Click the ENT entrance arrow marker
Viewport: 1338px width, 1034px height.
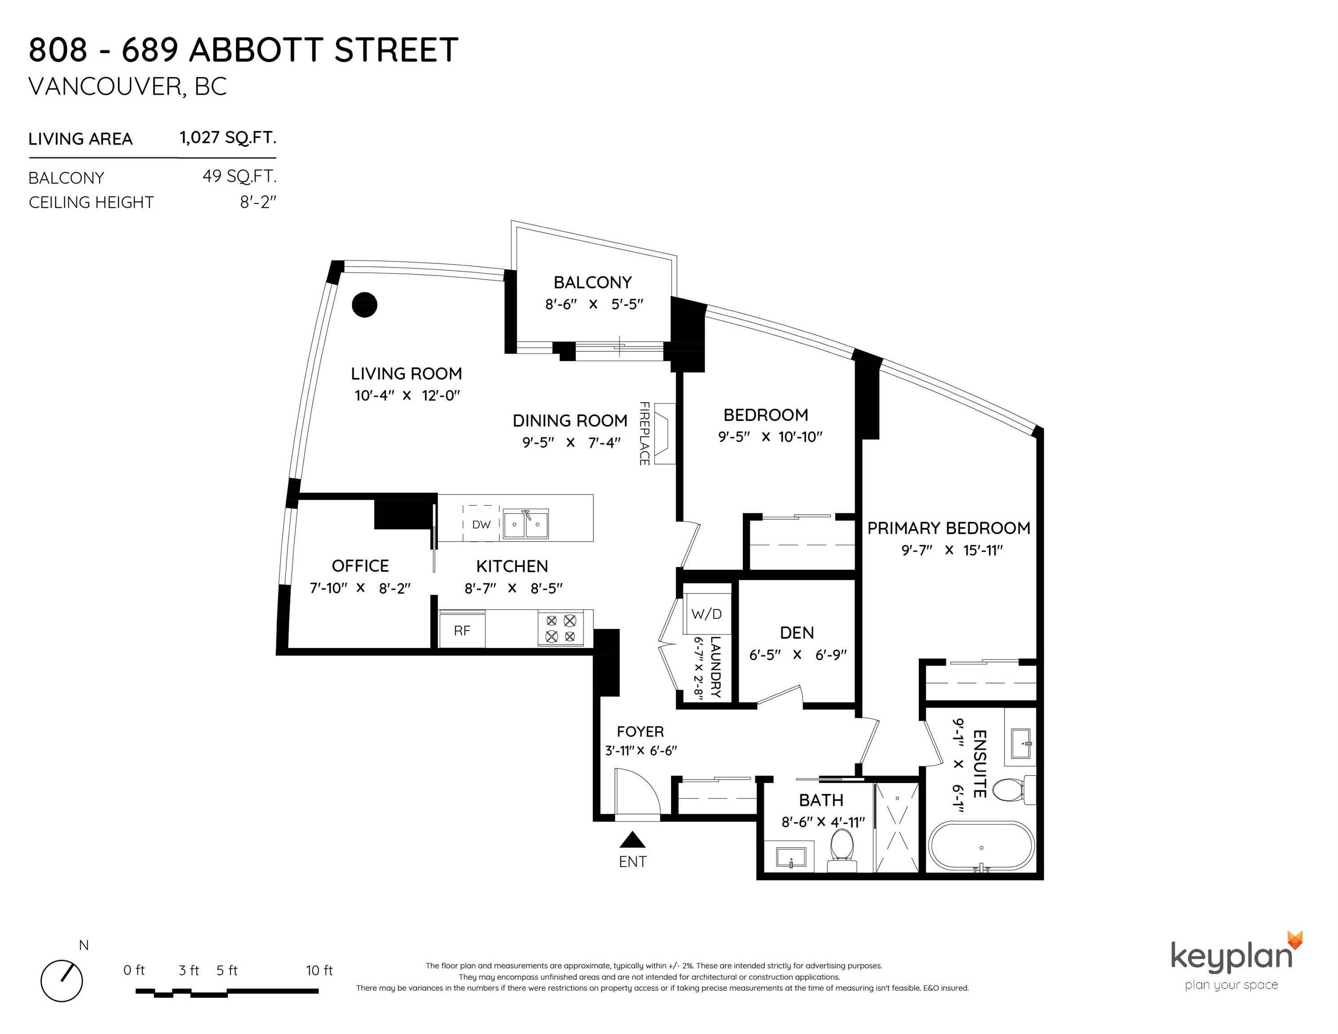(633, 839)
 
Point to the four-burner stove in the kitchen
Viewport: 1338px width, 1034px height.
(561, 628)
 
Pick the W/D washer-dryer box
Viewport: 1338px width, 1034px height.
(707, 614)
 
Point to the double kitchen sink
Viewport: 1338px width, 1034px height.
(526, 524)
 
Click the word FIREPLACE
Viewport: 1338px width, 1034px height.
(645, 433)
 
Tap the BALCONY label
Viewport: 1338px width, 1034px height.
(592, 282)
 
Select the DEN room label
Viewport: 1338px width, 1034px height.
(797, 633)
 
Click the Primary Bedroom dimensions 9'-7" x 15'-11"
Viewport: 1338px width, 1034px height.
(952, 550)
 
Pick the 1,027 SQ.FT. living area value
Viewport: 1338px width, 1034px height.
(228, 137)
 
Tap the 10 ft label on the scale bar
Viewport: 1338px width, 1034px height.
(319, 970)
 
